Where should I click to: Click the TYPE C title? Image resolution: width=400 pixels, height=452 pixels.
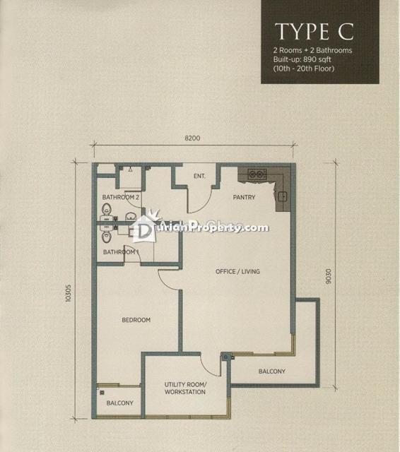pyautogui.click(x=314, y=31)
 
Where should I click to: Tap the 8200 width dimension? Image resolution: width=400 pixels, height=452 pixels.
pyautogui.click(x=192, y=138)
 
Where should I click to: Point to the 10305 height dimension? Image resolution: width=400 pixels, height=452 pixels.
pyautogui.click(x=68, y=293)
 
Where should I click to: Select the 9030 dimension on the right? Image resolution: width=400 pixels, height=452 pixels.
pyautogui.click(x=328, y=276)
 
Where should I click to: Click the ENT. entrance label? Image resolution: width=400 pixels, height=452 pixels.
pyautogui.click(x=199, y=176)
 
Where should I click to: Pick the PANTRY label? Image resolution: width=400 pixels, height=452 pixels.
pyautogui.click(x=244, y=197)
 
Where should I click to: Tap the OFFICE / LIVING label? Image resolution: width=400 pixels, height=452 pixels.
pyautogui.click(x=237, y=271)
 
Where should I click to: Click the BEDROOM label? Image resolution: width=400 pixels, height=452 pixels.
pyautogui.click(x=136, y=320)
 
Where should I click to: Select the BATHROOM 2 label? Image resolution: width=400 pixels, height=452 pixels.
pyautogui.click(x=121, y=197)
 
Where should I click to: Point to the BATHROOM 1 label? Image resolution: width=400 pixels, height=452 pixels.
pyautogui.click(x=121, y=252)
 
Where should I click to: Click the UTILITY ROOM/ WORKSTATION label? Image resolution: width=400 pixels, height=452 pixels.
pyautogui.click(x=185, y=388)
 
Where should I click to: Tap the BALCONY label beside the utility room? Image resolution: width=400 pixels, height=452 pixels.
pyautogui.click(x=272, y=371)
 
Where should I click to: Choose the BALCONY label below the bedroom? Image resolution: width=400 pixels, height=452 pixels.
pyautogui.click(x=120, y=403)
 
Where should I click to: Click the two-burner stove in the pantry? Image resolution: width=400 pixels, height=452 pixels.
pyautogui.click(x=257, y=174)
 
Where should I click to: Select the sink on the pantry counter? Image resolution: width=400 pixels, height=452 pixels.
pyautogui.click(x=283, y=197)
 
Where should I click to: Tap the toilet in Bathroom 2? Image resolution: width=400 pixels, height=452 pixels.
pyautogui.click(x=107, y=209)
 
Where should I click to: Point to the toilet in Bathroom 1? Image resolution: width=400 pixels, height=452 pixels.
pyautogui.click(x=107, y=237)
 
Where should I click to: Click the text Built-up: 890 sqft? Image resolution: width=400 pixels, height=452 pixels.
pyautogui.click(x=302, y=59)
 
